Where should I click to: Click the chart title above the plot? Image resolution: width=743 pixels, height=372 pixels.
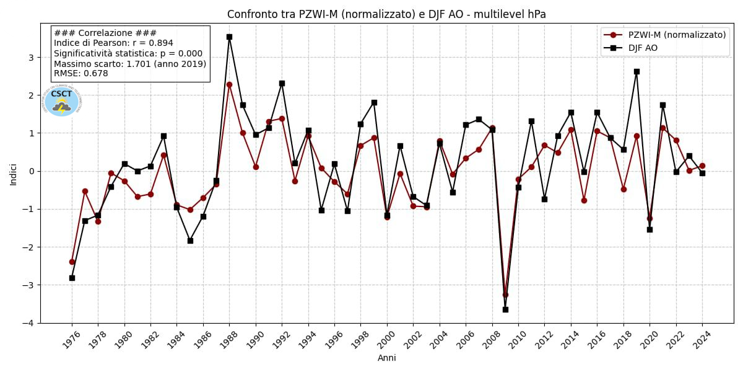[x=386, y=14]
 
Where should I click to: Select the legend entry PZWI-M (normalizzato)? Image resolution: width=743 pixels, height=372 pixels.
[x=676, y=35]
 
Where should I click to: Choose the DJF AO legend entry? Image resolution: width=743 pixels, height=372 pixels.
[x=643, y=48]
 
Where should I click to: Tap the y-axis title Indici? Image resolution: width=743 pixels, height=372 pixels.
[x=14, y=174]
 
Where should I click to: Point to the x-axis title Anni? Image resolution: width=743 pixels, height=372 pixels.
[x=387, y=358]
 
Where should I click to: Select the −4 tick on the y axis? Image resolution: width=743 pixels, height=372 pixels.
[x=28, y=323]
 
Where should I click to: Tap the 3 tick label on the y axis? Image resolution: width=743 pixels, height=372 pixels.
[x=31, y=58]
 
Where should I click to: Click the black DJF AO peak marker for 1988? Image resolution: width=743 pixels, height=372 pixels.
[x=229, y=37]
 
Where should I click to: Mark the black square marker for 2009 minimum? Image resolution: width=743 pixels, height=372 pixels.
[x=505, y=309]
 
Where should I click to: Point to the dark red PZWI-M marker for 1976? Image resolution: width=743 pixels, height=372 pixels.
[x=72, y=262]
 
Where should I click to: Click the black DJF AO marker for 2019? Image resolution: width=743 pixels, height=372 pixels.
[x=637, y=71]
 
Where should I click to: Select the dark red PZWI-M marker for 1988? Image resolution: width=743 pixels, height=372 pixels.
[x=229, y=84]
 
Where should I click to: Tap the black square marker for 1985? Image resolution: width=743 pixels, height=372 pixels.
[x=190, y=241]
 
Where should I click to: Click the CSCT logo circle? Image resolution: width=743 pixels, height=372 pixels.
[x=62, y=100]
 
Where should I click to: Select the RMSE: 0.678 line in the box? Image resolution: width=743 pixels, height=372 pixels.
[x=81, y=74]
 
